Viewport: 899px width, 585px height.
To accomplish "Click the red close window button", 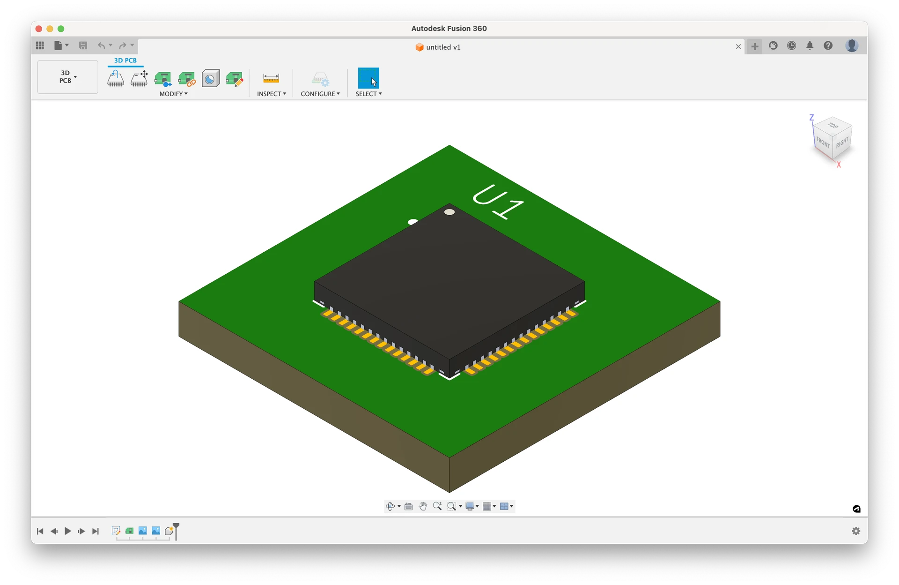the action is click(x=39, y=29).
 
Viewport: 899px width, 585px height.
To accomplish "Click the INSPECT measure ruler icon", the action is click(x=271, y=78).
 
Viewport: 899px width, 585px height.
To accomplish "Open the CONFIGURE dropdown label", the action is click(x=320, y=94).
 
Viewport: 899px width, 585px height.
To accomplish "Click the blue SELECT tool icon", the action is click(x=368, y=78).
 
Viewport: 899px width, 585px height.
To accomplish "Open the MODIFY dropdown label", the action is click(x=173, y=94).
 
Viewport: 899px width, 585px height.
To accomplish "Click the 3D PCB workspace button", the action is click(x=68, y=77).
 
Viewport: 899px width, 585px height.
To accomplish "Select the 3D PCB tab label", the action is click(x=125, y=60).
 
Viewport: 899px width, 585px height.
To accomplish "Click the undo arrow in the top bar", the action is click(x=101, y=45).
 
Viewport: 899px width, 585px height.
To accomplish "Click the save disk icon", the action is click(x=83, y=45).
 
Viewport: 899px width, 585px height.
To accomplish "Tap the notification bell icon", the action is click(x=810, y=45).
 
